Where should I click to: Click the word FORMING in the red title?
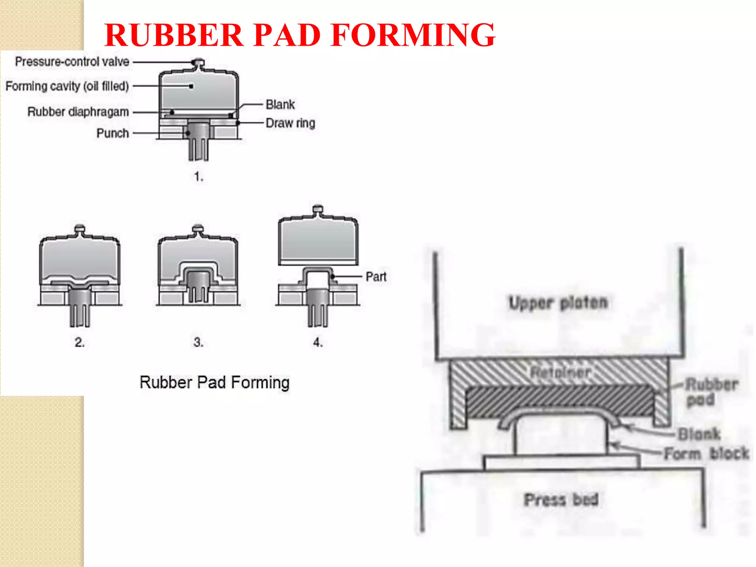coord(413,35)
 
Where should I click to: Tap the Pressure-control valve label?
coord(72,62)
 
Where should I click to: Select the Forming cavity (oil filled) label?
coord(67,86)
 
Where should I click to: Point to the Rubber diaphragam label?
coord(78,112)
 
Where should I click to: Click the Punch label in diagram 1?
coord(113,133)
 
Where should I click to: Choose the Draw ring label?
coord(291,123)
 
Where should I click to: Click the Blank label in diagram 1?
coord(280,105)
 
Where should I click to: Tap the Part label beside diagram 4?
coord(376,277)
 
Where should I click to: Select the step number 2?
coord(80,343)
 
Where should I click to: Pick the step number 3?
coord(199,343)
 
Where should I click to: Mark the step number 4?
coord(318,343)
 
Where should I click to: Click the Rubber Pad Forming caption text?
coord(214,383)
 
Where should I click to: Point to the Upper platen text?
coord(558,303)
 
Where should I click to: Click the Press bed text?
coord(561,500)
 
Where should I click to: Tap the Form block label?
coord(707,454)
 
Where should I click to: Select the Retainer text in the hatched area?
coord(560,372)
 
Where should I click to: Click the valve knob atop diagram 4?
coord(318,209)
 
